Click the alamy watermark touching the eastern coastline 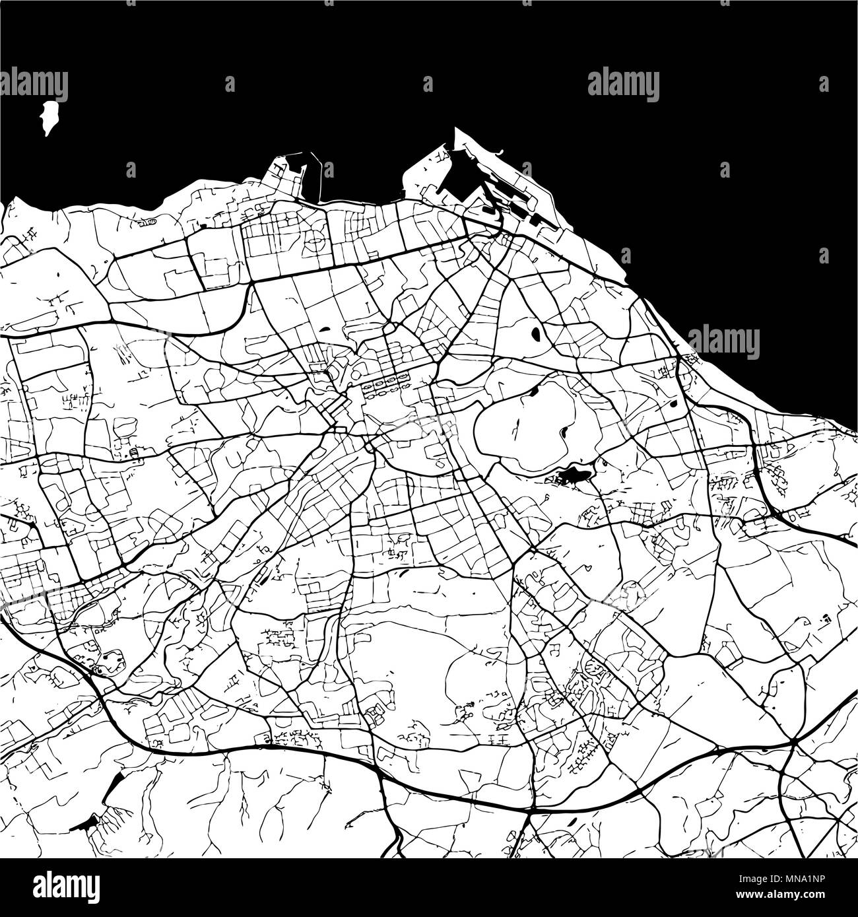tap(723, 342)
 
